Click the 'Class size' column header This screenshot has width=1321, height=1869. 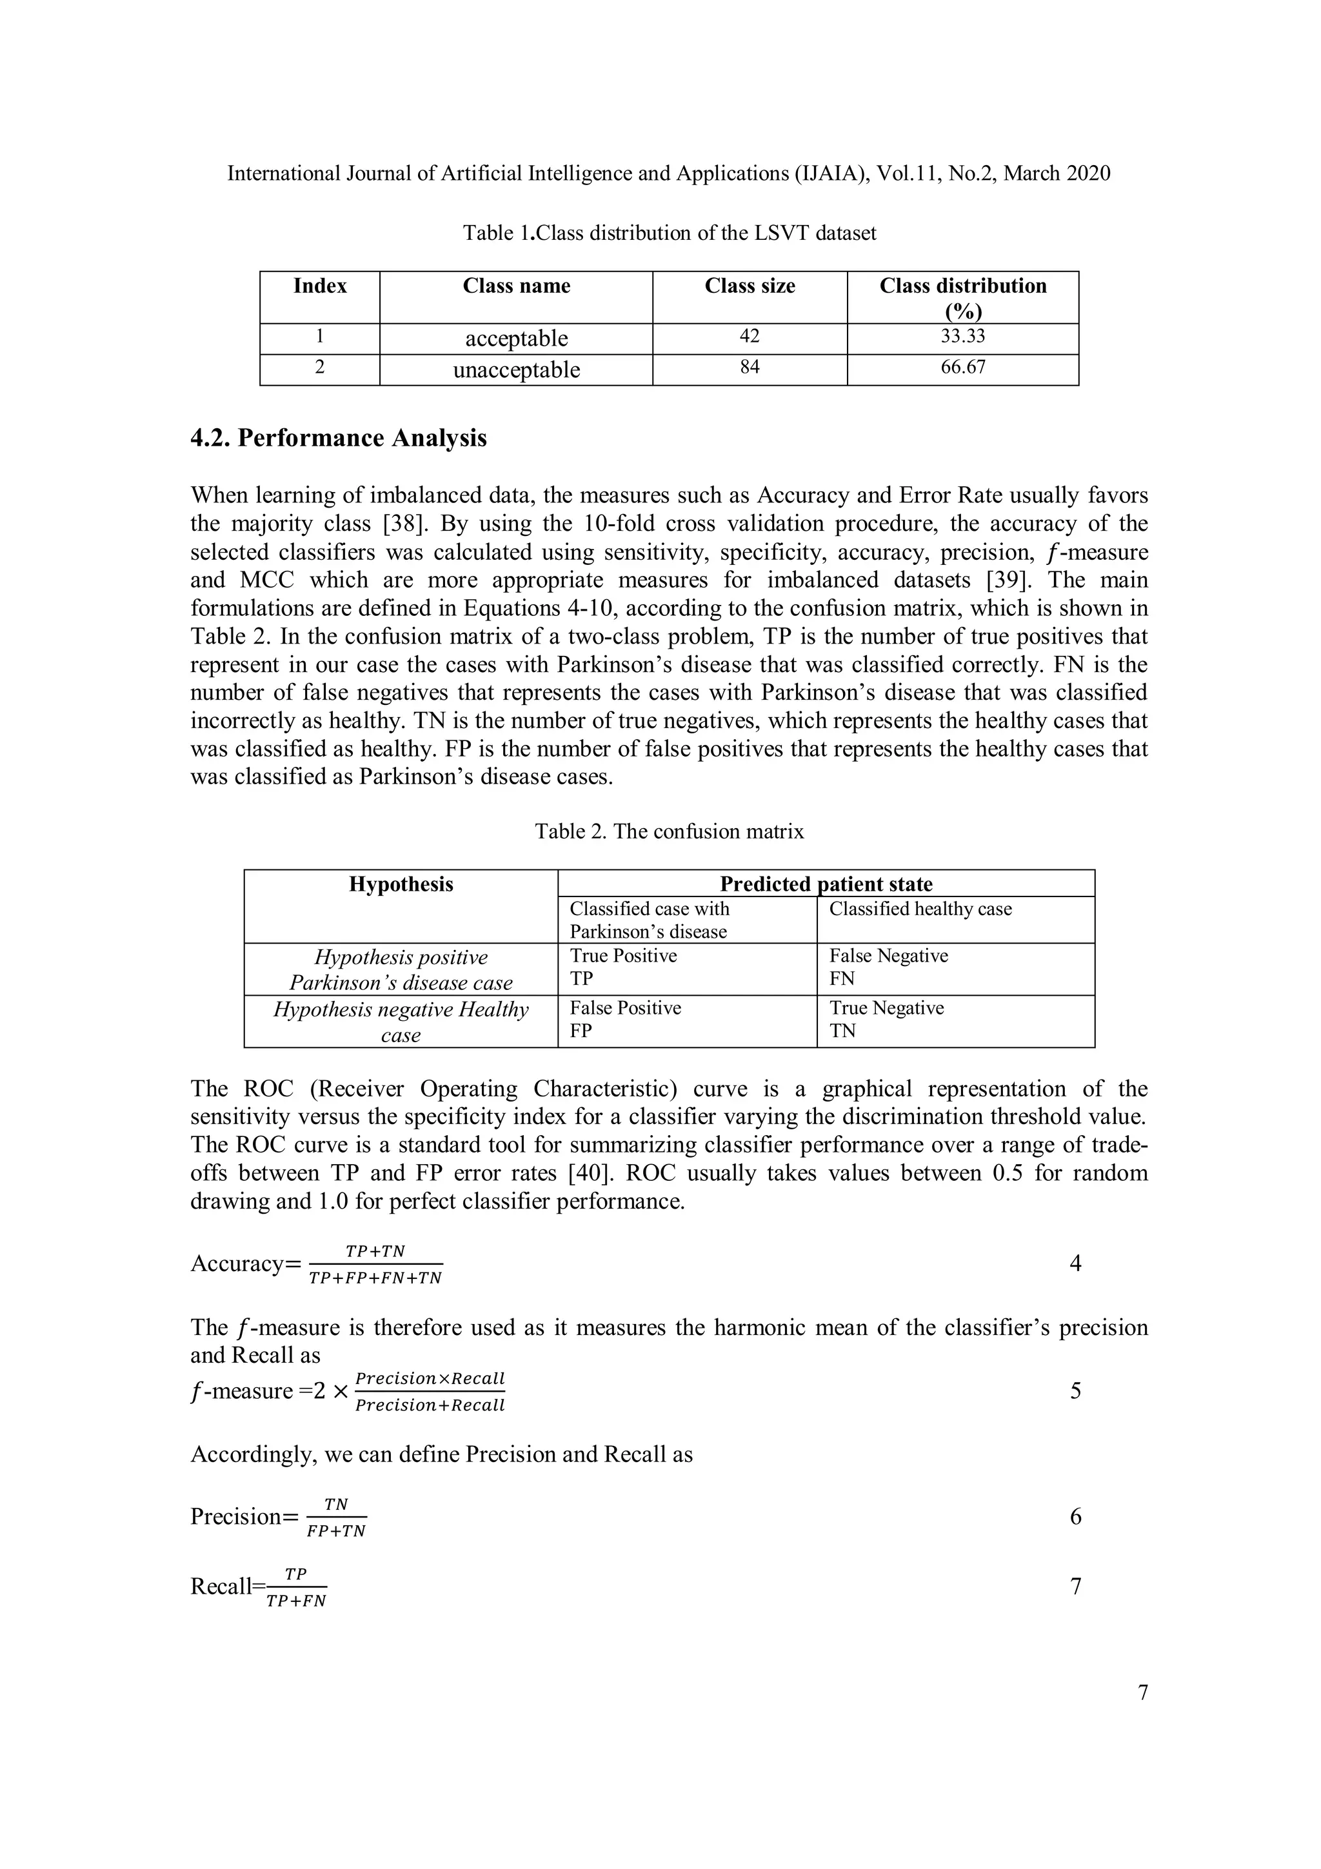[x=749, y=286]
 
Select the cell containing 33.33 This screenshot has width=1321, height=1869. [x=962, y=337]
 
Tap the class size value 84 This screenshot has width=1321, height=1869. [x=749, y=368]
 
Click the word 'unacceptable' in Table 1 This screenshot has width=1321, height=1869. [x=516, y=370]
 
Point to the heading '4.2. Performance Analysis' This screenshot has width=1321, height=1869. [x=339, y=439]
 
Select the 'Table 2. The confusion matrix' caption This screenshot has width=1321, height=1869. [x=669, y=832]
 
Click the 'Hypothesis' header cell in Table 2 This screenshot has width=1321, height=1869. [x=401, y=885]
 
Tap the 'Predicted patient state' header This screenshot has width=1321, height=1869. [x=826, y=885]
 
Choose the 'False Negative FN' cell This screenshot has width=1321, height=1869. [x=888, y=967]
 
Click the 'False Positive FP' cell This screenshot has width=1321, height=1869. [x=624, y=1019]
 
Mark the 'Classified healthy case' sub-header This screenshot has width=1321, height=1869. [x=920, y=909]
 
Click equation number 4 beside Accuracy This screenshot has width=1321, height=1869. [x=1075, y=1264]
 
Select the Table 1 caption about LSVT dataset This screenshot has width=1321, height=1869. [x=669, y=233]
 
